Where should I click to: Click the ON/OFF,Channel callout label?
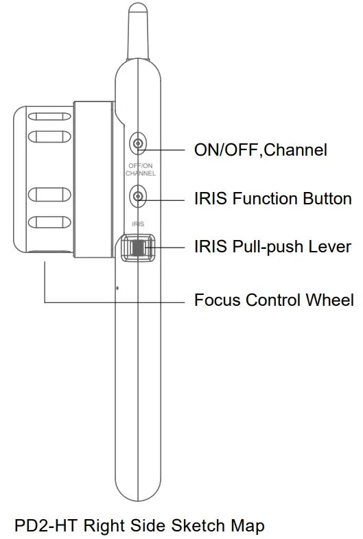coord(261,149)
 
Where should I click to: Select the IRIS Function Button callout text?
coord(273,200)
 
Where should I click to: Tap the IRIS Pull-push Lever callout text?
coord(273,246)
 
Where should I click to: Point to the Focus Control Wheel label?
coord(274,300)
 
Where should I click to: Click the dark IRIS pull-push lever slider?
coord(139,248)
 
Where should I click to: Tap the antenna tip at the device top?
coord(138,8)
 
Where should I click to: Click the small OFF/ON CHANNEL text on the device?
coord(140,170)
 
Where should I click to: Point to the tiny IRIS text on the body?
coord(139,224)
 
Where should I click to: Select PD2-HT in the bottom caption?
coord(42,526)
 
